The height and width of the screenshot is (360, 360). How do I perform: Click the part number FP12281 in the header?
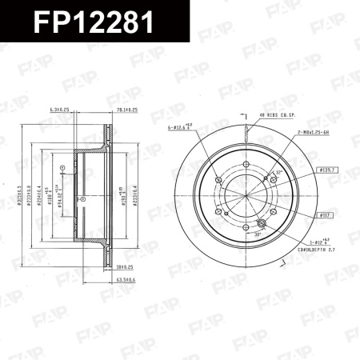94,22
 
